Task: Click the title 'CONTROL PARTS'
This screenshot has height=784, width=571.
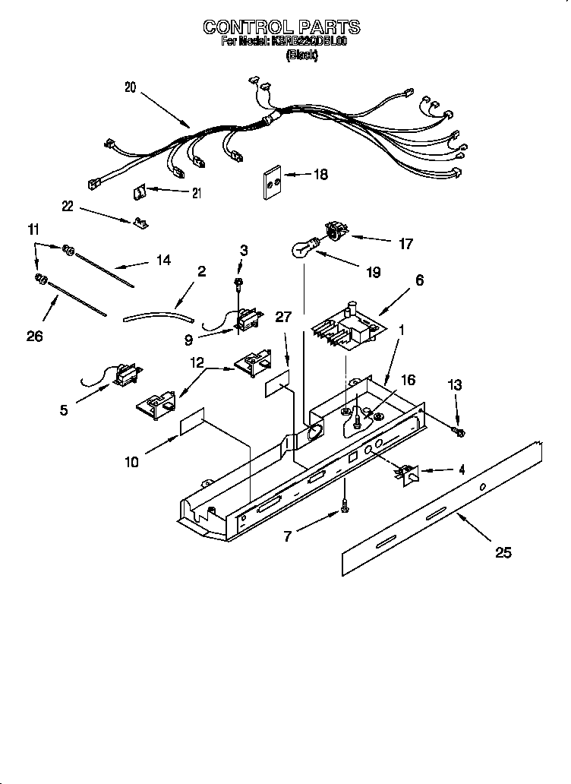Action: [x=281, y=27]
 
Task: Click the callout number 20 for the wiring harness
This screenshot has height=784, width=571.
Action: [x=131, y=87]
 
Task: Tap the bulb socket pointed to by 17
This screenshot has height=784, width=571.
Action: [x=334, y=229]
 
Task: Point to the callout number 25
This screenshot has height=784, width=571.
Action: [x=503, y=552]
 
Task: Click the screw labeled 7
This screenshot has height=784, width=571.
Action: [x=345, y=504]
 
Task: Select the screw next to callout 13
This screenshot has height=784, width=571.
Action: [x=459, y=432]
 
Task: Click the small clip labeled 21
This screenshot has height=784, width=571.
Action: [x=140, y=194]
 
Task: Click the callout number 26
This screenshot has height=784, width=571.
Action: [x=34, y=336]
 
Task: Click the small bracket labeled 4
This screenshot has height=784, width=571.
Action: [x=405, y=474]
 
